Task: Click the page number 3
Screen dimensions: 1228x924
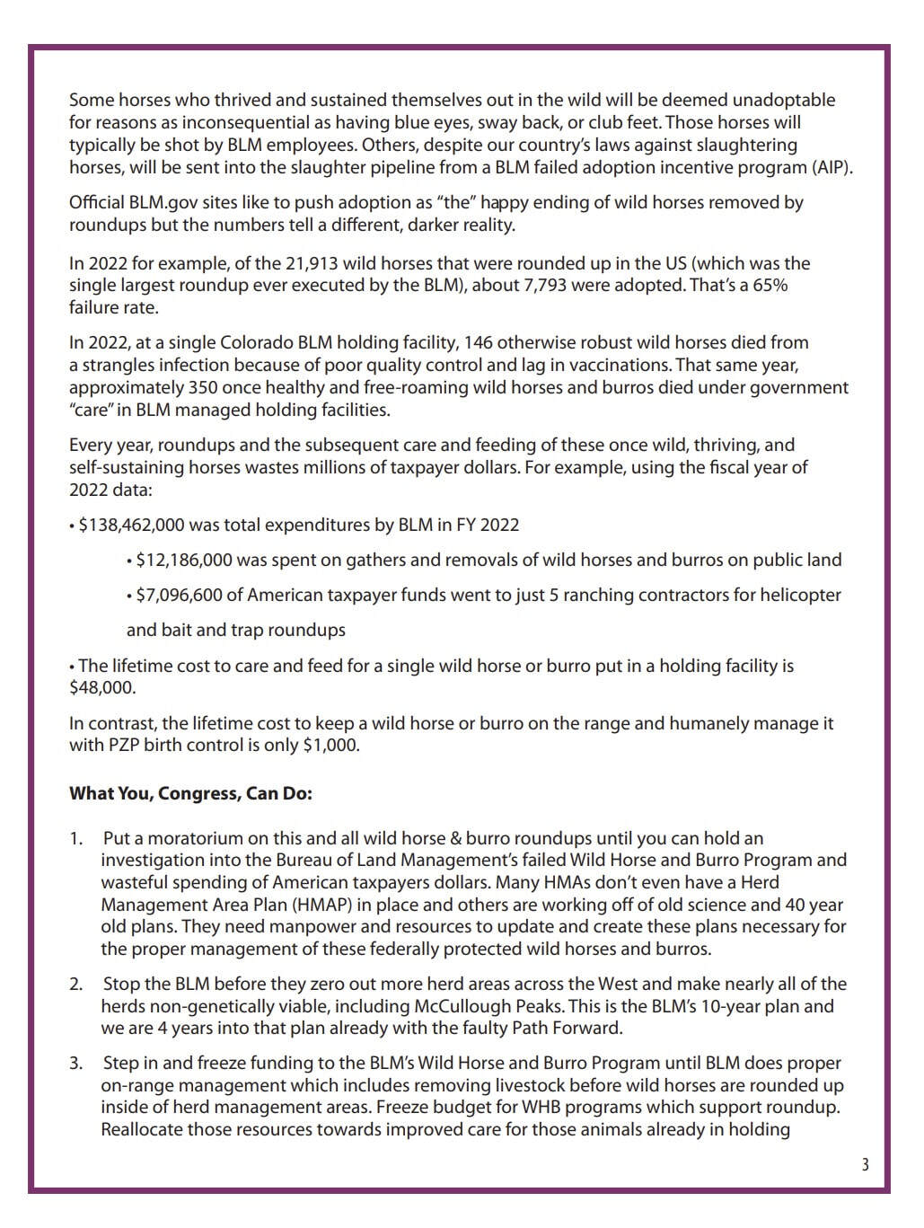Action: click(x=865, y=1165)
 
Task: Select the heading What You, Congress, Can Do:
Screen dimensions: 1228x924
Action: click(x=190, y=794)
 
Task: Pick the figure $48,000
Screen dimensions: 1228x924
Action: click(x=103, y=688)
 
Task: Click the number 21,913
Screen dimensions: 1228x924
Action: click(x=313, y=263)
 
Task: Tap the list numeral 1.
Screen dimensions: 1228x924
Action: click(x=75, y=839)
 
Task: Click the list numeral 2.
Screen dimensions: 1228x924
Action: click(x=75, y=985)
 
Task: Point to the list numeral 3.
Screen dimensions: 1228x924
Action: click(x=75, y=1064)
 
